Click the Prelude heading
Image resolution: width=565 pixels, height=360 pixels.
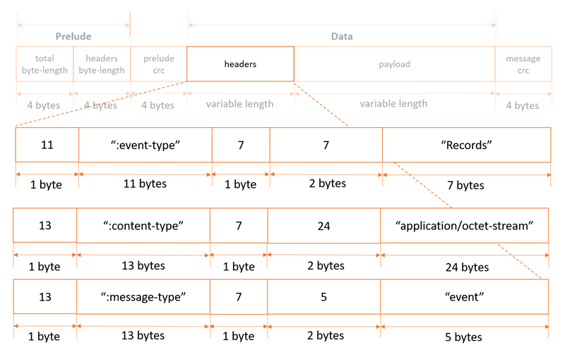click(x=73, y=36)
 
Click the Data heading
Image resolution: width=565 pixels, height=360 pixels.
click(x=342, y=36)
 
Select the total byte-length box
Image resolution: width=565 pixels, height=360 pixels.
click(x=44, y=64)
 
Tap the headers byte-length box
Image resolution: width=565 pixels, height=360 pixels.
click(x=101, y=64)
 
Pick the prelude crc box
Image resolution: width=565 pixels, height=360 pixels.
click(x=158, y=64)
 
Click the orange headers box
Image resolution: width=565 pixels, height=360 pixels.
click(x=240, y=64)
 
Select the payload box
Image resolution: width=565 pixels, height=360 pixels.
click(x=394, y=64)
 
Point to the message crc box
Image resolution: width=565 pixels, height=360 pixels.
click(x=523, y=64)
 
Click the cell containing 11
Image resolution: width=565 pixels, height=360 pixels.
click(x=47, y=145)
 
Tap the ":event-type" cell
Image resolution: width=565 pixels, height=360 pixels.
click(x=145, y=145)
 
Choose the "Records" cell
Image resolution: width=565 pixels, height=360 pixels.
click(x=466, y=145)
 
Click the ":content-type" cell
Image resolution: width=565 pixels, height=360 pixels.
click(x=143, y=225)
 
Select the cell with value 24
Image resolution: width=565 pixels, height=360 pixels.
click(x=323, y=225)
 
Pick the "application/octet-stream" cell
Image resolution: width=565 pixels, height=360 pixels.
click(x=464, y=225)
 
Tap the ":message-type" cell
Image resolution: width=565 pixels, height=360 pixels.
click(x=143, y=296)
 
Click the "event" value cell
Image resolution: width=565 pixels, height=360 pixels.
click(x=464, y=296)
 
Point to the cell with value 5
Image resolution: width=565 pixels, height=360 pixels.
click(x=323, y=296)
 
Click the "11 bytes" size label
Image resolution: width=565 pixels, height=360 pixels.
click(x=145, y=184)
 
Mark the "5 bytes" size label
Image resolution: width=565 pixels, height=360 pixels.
click(x=464, y=337)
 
